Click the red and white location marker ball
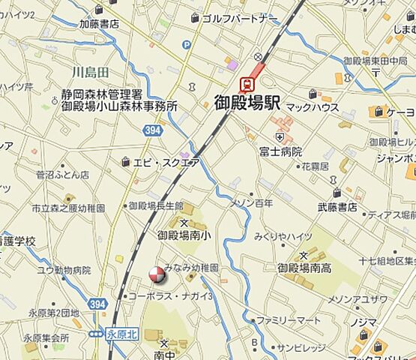(x=156, y=275)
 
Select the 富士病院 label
(x=280, y=151)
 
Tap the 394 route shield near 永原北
(x=97, y=304)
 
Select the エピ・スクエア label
(x=166, y=161)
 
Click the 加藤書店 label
(x=99, y=23)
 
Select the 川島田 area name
(x=91, y=71)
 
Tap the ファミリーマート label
(x=289, y=319)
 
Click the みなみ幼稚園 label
(x=191, y=268)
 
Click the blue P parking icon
(x=186, y=45)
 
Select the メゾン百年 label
(x=251, y=202)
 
